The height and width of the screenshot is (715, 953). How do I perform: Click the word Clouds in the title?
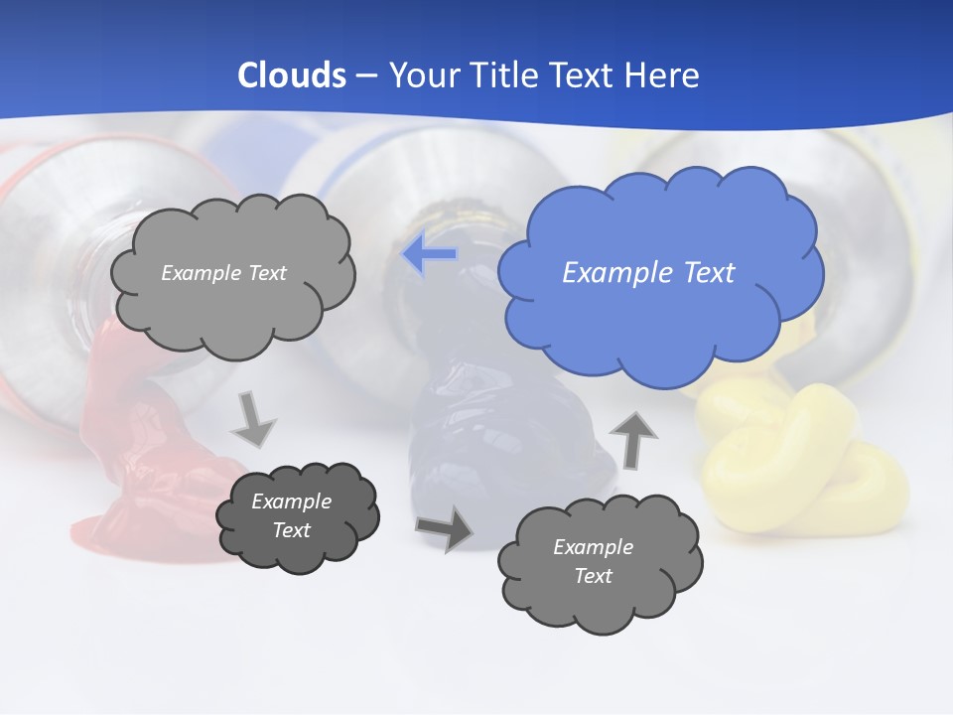click(292, 74)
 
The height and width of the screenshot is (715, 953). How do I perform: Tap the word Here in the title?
click(663, 74)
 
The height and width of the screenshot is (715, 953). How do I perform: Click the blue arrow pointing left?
click(430, 254)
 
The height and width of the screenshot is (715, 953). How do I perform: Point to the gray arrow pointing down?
click(255, 419)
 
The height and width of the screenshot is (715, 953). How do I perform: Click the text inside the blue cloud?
click(648, 273)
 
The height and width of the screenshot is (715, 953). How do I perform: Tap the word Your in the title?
click(420, 74)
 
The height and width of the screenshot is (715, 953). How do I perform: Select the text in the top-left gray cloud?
click(223, 273)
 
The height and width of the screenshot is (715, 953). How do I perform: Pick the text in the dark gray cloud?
click(292, 515)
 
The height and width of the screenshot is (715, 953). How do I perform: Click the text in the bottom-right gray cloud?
click(593, 561)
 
